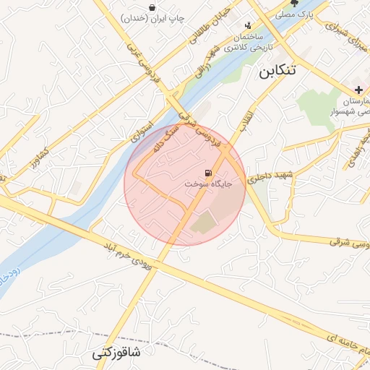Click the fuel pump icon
click(x=208, y=173)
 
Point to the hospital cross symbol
click(x=358, y=89)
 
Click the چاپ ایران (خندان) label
click(x=153, y=17)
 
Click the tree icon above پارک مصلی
click(x=294, y=3)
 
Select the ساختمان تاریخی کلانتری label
click(x=244, y=43)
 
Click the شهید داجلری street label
click(x=267, y=176)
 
